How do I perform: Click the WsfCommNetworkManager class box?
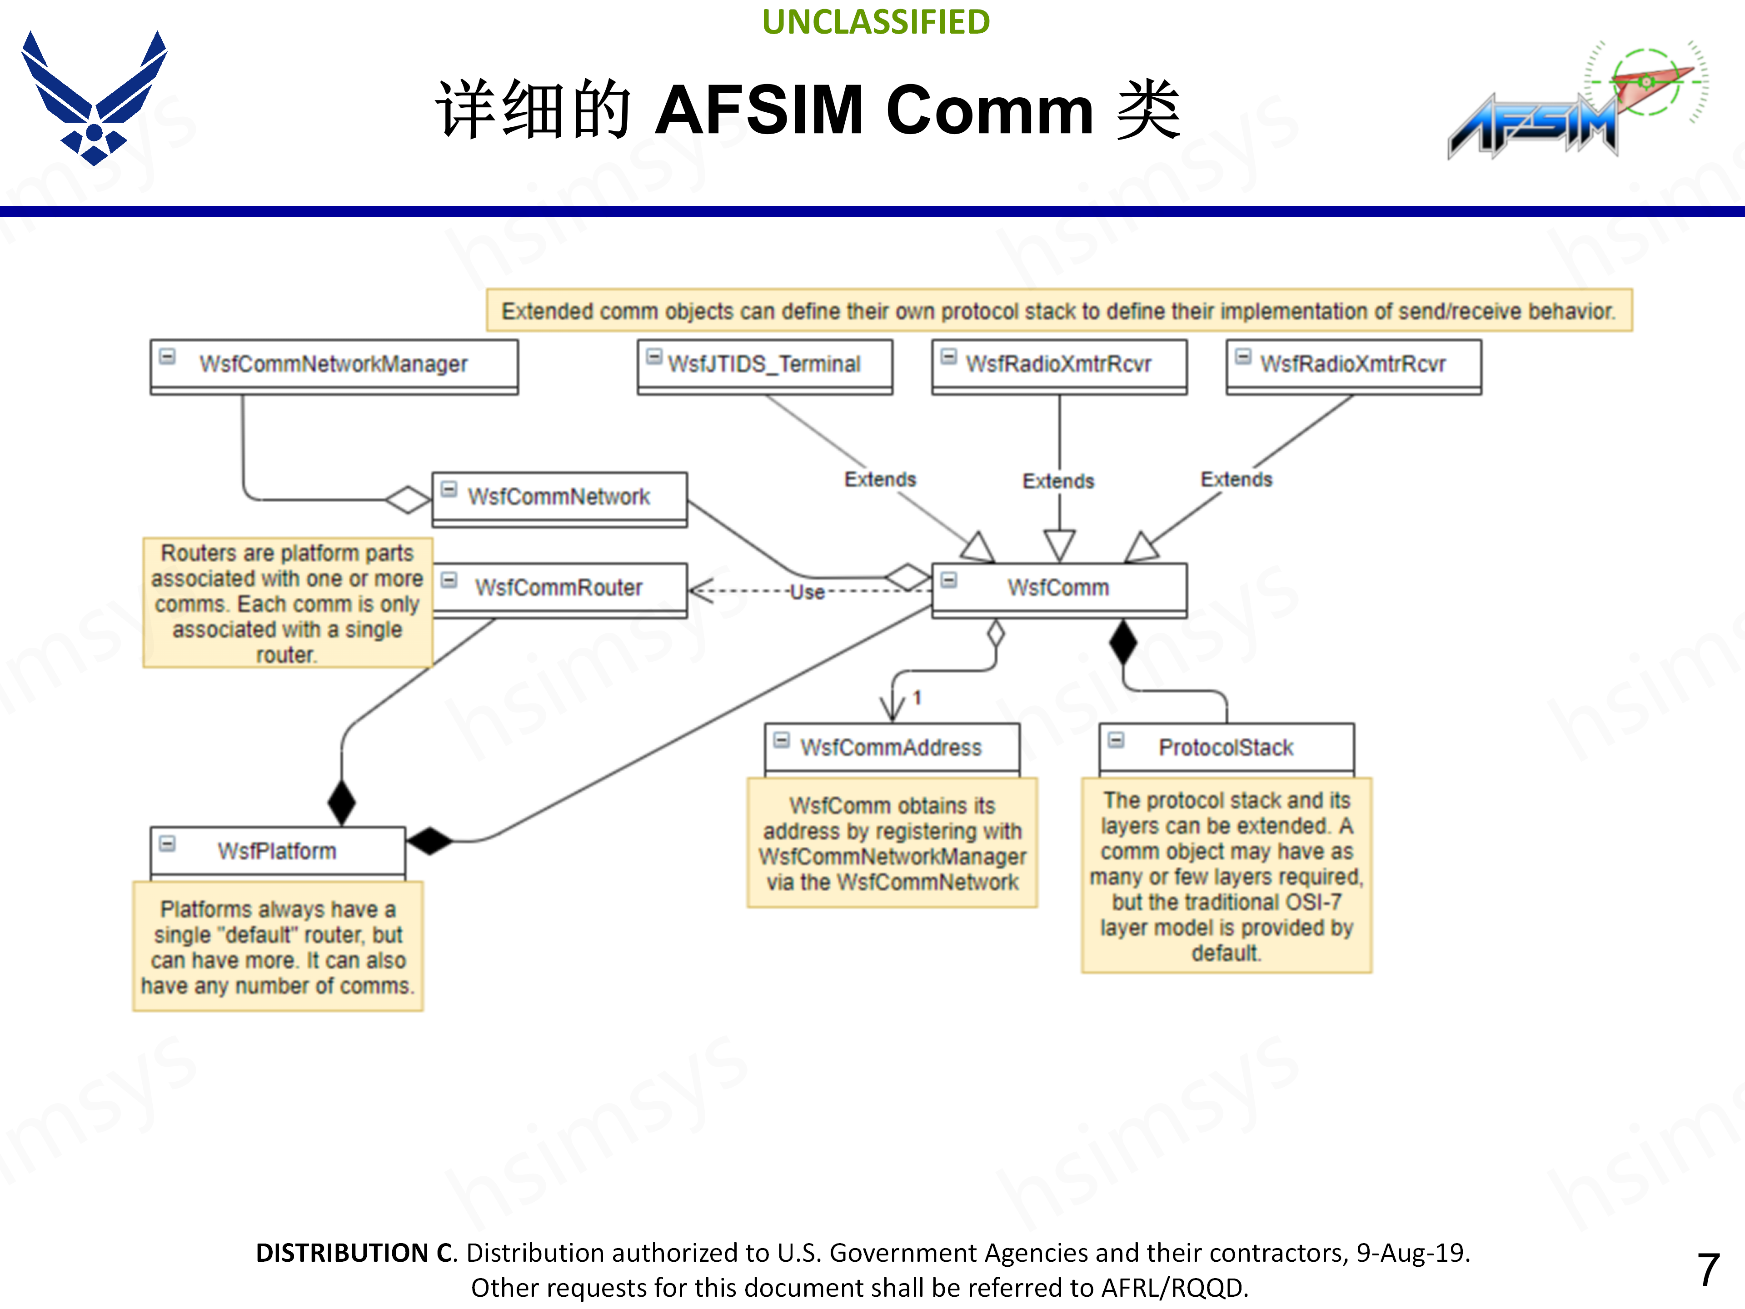(334, 366)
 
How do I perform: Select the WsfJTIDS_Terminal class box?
(764, 366)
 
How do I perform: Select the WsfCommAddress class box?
(892, 749)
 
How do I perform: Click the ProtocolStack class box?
(1226, 749)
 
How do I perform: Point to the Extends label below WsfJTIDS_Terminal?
(880, 480)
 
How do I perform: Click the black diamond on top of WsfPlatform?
(342, 802)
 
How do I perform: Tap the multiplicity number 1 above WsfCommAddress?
(917, 698)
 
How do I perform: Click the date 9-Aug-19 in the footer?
(1411, 1253)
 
